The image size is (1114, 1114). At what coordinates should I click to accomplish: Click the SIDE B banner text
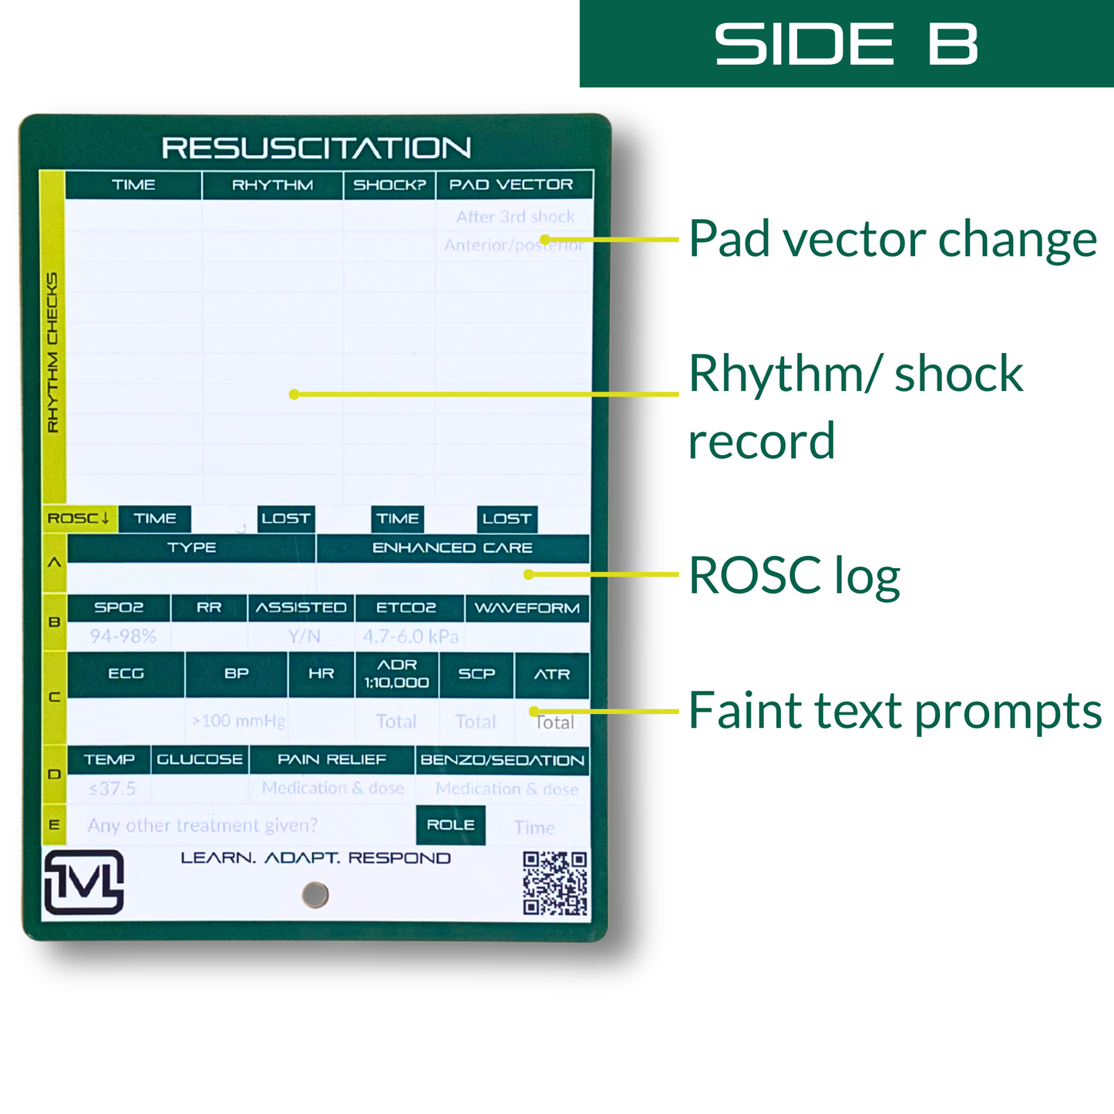click(x=846, y=43)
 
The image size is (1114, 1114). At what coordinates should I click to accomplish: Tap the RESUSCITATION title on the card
click(x=316, y=148)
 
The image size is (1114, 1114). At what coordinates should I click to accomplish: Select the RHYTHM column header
click(x=272, y=185)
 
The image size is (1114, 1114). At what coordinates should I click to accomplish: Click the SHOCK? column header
click(x=389, y=185)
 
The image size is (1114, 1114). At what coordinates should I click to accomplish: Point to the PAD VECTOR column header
click(x=511, y=185)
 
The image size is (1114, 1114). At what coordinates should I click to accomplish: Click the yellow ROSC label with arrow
click(x=79, y=518)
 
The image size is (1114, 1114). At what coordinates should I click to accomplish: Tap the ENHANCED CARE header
click(x=453, y=548)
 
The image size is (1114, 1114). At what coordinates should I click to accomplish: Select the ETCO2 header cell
click(x=406, y=607)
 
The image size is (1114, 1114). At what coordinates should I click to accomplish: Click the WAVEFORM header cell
click(x=527, y=608)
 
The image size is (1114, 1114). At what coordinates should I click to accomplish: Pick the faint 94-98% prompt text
click(x=123, y=636)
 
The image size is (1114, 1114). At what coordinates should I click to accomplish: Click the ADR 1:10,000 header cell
click(x=396, y=674)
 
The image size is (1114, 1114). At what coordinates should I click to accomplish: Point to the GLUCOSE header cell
click(x=200, y=759)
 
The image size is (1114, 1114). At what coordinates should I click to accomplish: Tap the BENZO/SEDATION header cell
click(x=502, y=760)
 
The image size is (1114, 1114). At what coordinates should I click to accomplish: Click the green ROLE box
click(x=450, y=825)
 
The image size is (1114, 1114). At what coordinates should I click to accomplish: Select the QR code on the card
click(x=555, y=883)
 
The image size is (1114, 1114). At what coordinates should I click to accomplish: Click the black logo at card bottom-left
click(x=84, y=882)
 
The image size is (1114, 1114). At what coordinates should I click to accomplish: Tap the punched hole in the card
click(x=315, y=894)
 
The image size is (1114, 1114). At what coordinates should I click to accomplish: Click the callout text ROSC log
click(x=794, y=575)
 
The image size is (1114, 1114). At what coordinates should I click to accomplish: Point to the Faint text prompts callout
click(x=894, y=710)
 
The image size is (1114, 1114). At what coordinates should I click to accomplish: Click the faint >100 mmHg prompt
click(x=238, y=721)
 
